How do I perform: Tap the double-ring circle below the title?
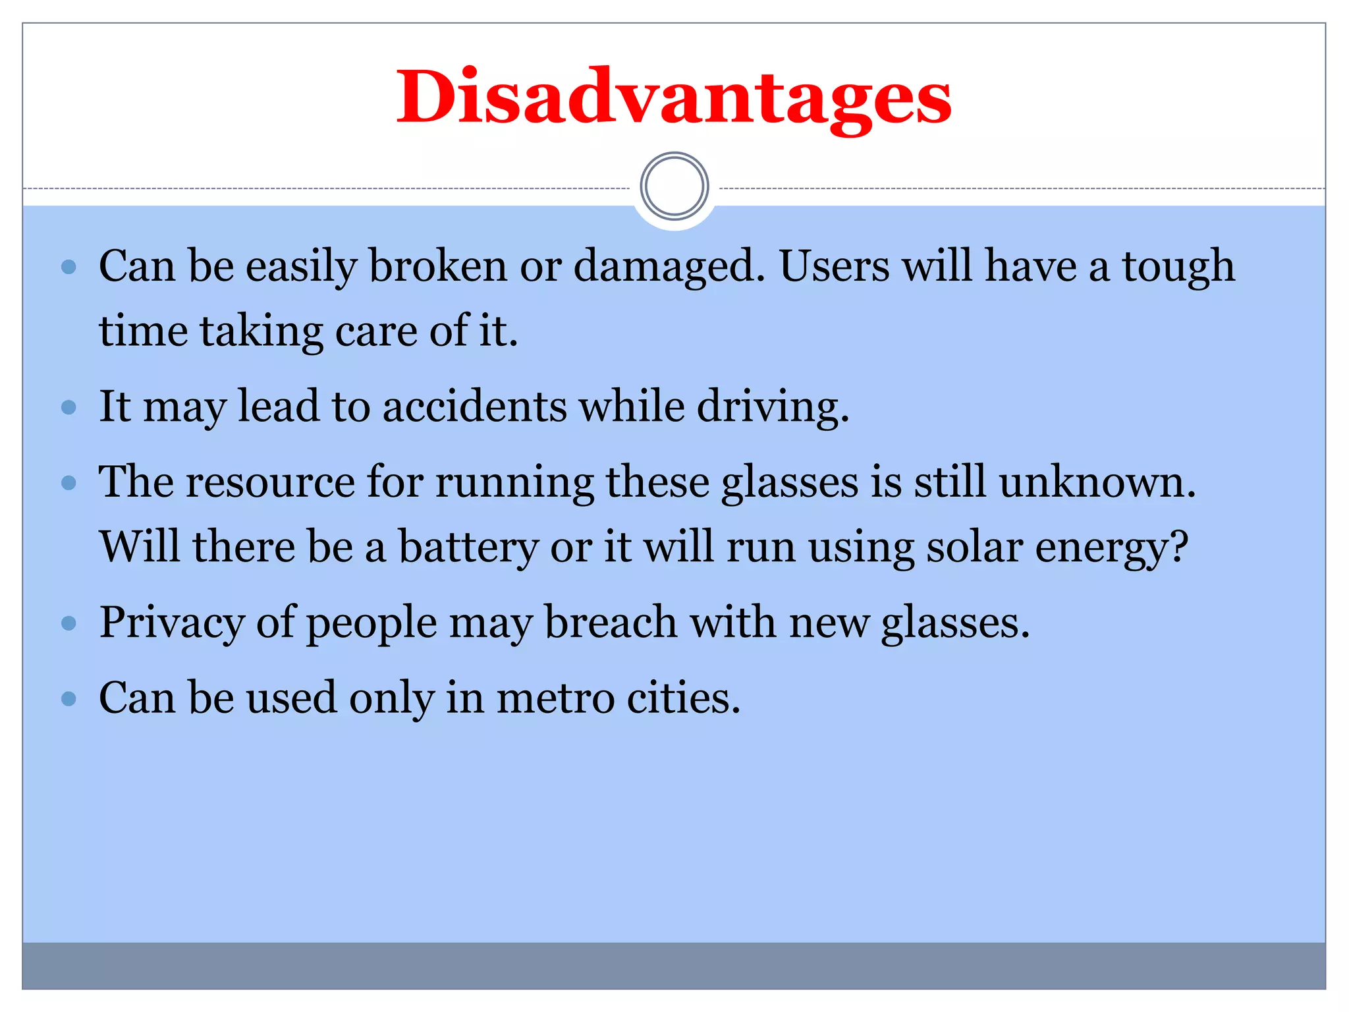674,186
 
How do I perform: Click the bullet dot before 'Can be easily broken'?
69,267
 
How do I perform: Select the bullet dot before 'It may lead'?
69,407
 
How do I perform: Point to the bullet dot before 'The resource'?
69,483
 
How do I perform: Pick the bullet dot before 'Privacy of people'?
69,623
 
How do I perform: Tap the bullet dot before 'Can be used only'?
69,698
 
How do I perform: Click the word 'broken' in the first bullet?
437,267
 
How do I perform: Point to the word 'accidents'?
474,407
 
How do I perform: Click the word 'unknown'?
1096,482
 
